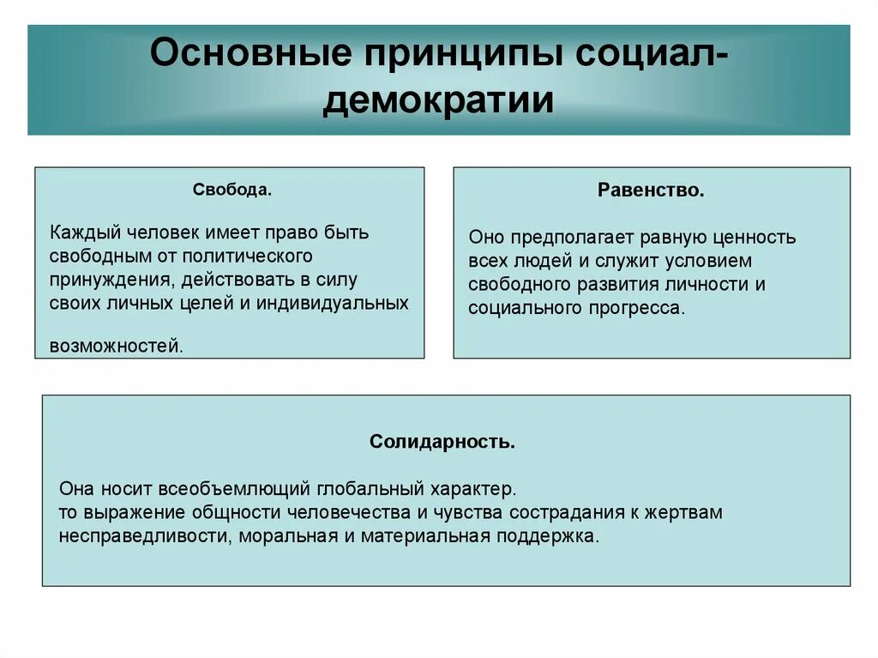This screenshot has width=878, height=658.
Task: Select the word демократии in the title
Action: (x=438, y=100)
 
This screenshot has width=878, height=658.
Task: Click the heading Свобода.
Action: (x=232, y=190)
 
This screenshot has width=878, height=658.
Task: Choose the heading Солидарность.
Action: (x=442, y=442)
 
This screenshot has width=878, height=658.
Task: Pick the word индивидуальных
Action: (x=338, y=303)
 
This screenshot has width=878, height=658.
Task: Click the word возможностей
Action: (x=116, y=347)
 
